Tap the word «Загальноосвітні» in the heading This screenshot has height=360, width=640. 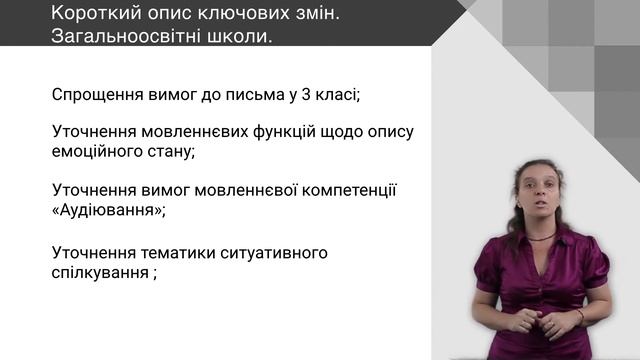pos(115,37)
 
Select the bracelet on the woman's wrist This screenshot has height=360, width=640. pos(579,315)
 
